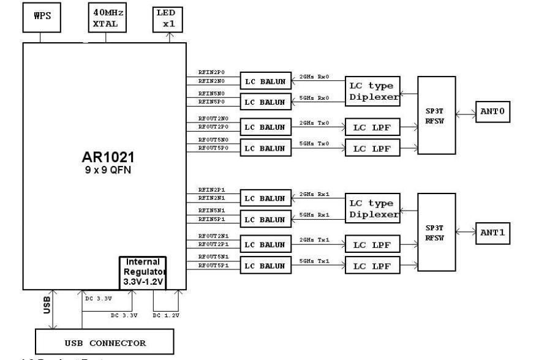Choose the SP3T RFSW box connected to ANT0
[x=437, y=114]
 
